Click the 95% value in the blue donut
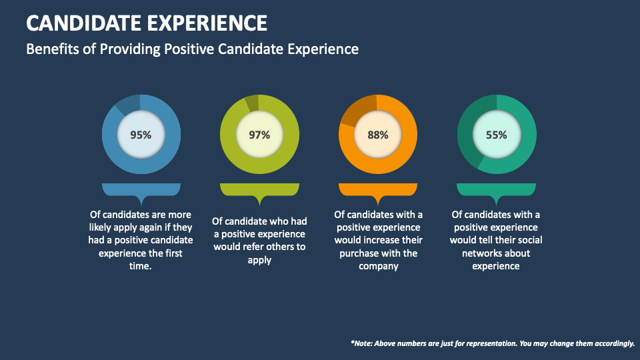141,135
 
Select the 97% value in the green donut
259,135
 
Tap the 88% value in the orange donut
377,135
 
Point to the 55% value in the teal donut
496,135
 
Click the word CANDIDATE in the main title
79,23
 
